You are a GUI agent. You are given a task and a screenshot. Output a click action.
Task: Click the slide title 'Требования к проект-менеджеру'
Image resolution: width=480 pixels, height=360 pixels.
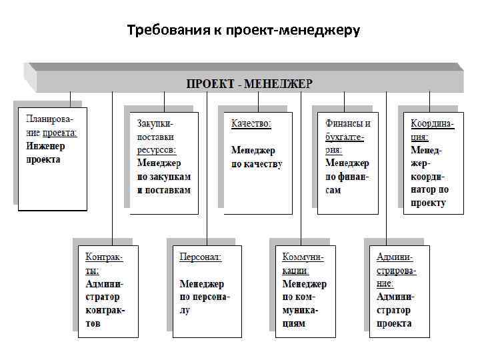coord(243,31)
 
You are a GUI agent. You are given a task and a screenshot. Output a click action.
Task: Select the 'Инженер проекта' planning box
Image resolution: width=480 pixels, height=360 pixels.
coord(52,159)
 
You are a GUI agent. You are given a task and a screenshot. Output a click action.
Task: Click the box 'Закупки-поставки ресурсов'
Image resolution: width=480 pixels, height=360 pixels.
coord(164,163)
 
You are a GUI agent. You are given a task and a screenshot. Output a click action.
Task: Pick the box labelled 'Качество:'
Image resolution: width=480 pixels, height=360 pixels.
coord(258,163)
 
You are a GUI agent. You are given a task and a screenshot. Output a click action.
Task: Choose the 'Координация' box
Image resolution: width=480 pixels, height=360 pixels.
coord(433,163)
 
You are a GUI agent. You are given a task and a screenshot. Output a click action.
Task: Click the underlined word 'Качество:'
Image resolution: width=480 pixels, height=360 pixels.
coord(251,123)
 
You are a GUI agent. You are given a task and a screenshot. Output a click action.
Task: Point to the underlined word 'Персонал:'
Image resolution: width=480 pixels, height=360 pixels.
coord(201,257)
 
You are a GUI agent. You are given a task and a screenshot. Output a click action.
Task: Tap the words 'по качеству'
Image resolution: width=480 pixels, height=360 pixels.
coord(257,165)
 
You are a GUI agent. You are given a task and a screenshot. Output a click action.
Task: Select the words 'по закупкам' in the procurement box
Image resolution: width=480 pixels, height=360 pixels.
coord(164,177)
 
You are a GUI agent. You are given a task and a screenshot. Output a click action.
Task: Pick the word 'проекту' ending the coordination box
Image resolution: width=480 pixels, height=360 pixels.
coord(428,203)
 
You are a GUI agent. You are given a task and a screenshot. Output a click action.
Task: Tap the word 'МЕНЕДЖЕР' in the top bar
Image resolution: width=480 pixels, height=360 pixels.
coord(279,83)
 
